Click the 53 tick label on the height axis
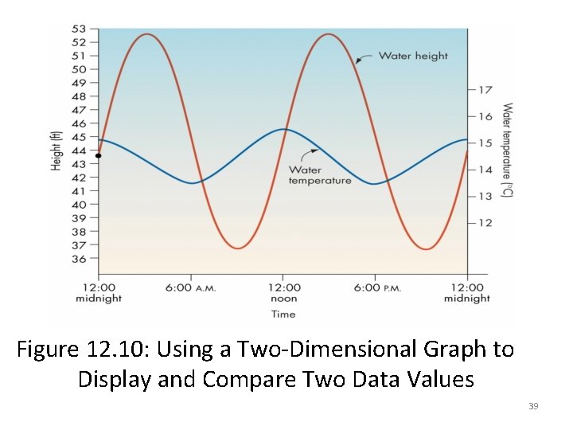pos(79,29)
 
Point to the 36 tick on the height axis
pos(79,259)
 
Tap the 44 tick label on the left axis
pos(79,150)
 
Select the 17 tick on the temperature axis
pos(485,90)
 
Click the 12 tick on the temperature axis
pos(485,223)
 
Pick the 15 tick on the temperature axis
pos(485,143)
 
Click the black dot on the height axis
pos(98,156)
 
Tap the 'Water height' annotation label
pos(412,56)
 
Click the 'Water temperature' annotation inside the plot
pos(319,175)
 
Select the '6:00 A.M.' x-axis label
pos(191,287)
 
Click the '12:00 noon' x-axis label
pos(283,293)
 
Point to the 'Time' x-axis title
pos(283,315)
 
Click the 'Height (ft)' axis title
pos(56,151)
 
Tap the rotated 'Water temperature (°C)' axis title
pos(507,151)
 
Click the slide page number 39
pos(533,407)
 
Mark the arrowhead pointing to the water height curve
pos(359,60)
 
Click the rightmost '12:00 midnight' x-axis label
pos(466,293)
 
